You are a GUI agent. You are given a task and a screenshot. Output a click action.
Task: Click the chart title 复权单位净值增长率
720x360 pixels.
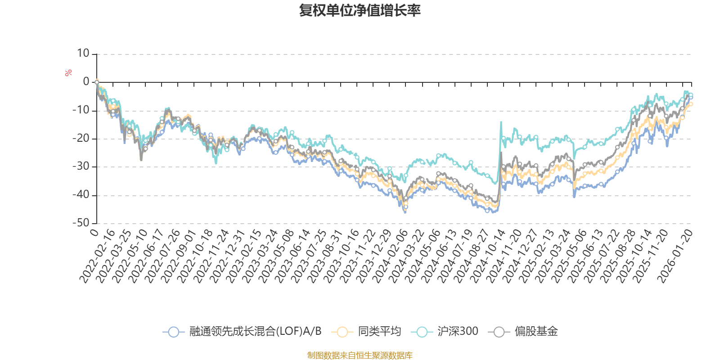pos(360,10)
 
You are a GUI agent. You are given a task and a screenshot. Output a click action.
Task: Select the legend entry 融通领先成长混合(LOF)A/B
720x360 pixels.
pos(255,332)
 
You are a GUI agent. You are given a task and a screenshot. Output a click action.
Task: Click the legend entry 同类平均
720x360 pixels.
pos(379,332)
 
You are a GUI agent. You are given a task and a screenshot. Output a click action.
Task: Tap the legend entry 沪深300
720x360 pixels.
pos(457,332)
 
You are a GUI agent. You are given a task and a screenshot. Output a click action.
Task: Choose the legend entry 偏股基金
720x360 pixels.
pos(536,332)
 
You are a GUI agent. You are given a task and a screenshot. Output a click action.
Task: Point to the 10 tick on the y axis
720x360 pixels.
pos(83,54)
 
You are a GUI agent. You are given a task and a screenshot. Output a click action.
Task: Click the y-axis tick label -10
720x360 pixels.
pos(81,110)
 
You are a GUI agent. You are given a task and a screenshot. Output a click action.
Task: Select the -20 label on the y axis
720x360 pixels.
pos(81,139)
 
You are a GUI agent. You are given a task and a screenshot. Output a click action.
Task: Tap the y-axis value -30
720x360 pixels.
pos(81,166)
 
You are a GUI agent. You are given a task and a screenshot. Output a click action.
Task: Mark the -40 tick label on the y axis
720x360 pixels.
pos(81,195)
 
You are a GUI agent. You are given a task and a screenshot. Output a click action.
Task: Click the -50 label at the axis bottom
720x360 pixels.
pos(81,223)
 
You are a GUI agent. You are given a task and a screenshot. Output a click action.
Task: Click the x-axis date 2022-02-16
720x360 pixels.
pos(98,256)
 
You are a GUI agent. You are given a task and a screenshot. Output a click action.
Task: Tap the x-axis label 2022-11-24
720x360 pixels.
pos(211,256)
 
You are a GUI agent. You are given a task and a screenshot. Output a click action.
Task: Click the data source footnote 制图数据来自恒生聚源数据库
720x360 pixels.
pos(360,355)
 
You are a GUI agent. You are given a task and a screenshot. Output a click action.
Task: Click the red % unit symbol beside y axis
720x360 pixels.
pos(68,73)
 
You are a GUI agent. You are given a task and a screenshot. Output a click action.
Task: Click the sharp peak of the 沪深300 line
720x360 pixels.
pos(501,122)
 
